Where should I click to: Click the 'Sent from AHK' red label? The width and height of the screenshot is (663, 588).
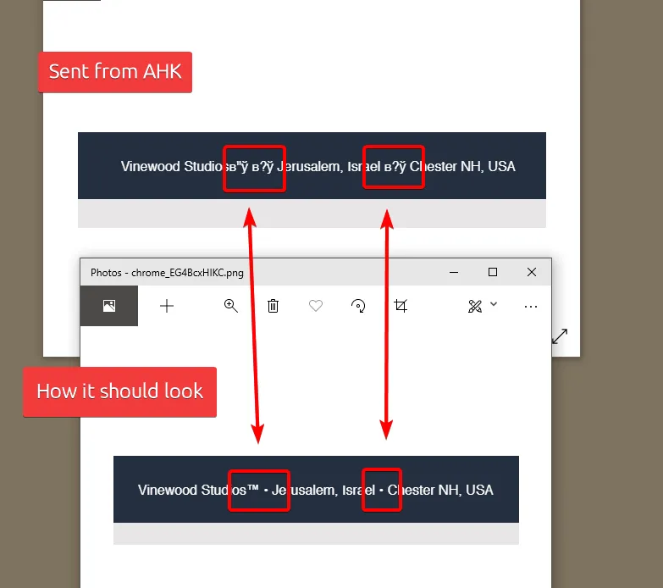(115, 72)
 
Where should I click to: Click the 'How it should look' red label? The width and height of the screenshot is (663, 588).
(119, 391)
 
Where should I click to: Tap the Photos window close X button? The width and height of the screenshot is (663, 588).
(532, 272)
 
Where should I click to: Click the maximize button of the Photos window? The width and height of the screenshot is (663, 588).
(493, 272)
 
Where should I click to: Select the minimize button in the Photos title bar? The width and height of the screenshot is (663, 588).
(454, 273)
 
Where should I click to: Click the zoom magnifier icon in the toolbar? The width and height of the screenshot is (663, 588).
(231, 305)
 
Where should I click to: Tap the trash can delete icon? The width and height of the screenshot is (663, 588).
(273, 305)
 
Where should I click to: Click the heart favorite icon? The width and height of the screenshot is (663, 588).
(316, 305)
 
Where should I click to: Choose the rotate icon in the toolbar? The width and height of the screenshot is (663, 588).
(358, 305)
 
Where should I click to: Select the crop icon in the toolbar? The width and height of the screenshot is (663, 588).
(401, 305)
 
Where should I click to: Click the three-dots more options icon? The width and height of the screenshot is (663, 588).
(531, 306)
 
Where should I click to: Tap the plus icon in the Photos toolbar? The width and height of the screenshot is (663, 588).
(167, 306)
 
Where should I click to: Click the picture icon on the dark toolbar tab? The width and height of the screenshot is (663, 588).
(109, 305)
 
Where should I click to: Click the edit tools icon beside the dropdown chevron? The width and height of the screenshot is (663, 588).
(475, 306)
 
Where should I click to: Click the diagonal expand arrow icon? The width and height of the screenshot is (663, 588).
(560, 336)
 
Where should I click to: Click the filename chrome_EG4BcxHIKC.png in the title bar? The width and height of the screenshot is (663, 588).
(187, 273)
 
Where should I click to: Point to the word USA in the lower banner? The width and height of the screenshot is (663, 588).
(479, 490)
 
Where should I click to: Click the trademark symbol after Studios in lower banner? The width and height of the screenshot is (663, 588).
(253, 488)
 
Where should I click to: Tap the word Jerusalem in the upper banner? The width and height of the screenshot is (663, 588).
(310, 167)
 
